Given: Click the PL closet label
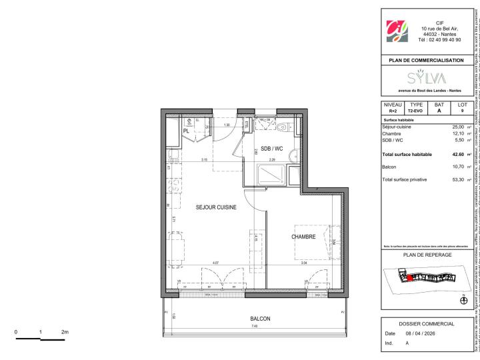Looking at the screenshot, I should tap(169, 132).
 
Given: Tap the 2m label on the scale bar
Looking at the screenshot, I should tap(65, 332).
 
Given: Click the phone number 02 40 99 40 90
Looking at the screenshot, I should tap(439, 39).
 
